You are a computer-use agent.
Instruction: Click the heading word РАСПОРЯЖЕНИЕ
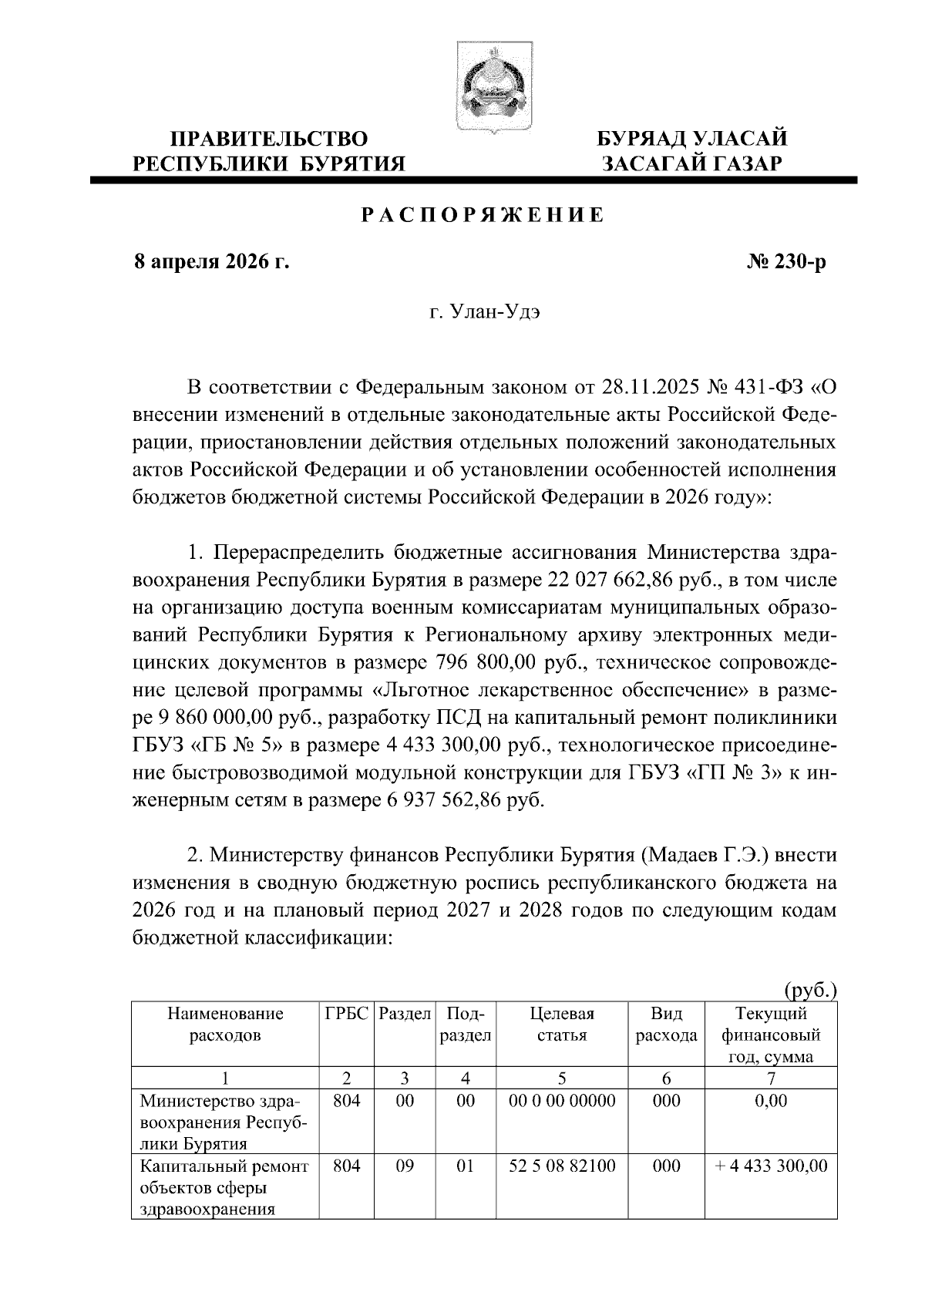[x=483, y=215]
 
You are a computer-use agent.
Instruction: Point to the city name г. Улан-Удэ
[x=483, y=314]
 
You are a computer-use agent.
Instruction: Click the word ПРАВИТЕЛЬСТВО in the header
[x=268, y=139]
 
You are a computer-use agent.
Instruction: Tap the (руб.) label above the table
[x=809, y=991]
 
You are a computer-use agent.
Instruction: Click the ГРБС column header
[x=346, y=1014]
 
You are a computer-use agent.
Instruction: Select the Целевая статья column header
[x=562, y=1025]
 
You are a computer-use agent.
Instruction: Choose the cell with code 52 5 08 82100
[x=562, y=1166]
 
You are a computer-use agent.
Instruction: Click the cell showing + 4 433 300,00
[x=772, y=1166]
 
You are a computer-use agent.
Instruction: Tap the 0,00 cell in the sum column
[x=772, y=1101]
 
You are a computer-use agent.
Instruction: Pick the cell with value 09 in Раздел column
[x=405, y=1166]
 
